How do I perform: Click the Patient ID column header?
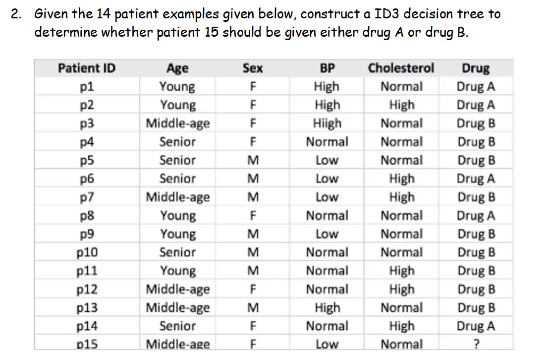tap(87, 68)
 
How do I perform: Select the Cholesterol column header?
tap(401, 68)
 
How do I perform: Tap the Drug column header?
tap(476, 68)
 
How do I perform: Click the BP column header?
tap(327, 68)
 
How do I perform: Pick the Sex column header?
tap(253, 68)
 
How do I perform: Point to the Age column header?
tap(177, 68)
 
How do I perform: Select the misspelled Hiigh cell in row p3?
tap(327, 123)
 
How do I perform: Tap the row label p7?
tap(87, 197)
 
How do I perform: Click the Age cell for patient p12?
tap(177, 289)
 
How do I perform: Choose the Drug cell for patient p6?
tap(476, 179)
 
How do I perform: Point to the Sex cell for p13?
tap(253, 307)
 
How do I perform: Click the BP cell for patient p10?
tap(327, 252)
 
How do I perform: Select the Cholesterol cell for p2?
tap(402, 105)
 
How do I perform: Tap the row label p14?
tap(87, 326)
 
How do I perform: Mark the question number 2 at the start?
tap(16, 14)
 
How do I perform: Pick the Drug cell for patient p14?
tap(476, 326)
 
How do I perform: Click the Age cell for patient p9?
tap(177, 234)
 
